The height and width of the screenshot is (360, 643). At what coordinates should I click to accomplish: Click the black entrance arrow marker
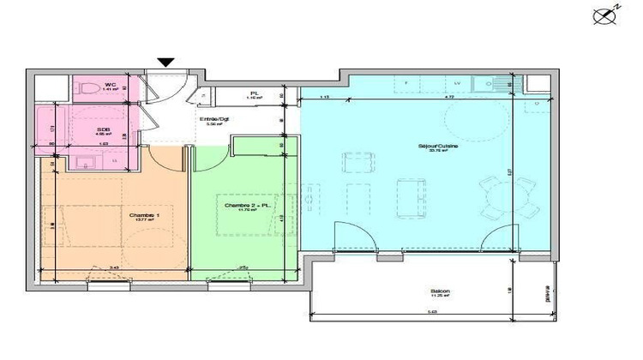point(165,61)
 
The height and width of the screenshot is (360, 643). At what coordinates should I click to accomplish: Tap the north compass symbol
point(603,15)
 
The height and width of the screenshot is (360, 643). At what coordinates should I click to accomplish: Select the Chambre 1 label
point(143,216)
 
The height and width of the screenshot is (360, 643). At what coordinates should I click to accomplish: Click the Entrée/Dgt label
point(213,119)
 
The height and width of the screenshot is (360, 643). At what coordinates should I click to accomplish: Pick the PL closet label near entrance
point(255,94)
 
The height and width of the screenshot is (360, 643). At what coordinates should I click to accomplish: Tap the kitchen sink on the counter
point(499,83)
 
